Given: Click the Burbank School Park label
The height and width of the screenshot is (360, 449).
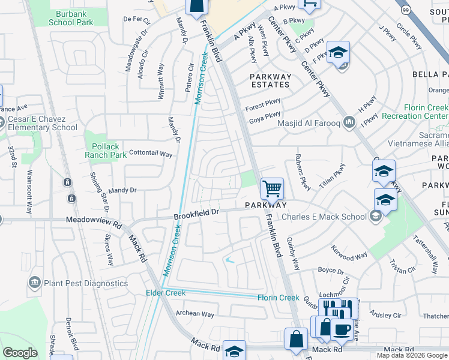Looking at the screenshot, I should (71, 17).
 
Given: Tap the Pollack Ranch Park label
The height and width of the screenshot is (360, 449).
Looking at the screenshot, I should (105, 151).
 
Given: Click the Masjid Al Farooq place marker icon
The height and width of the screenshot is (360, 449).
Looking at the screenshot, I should (348, 122).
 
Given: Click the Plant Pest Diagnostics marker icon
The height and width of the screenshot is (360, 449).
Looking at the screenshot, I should (34, 283).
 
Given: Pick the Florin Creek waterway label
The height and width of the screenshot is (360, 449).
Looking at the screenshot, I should (278, 298).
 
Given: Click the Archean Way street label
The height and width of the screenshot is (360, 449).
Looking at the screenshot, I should (194, 314).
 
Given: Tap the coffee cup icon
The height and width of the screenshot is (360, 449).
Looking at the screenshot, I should (342, 329).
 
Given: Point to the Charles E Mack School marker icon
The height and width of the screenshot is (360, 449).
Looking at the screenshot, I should (376, 217).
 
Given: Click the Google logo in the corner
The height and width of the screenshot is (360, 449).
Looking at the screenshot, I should (20, 353).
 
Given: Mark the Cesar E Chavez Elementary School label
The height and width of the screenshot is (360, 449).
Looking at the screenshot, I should (43, 123).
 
